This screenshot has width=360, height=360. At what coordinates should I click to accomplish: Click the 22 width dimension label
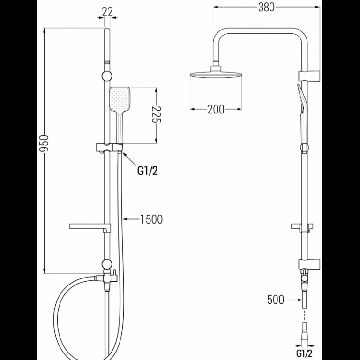click(107, 12)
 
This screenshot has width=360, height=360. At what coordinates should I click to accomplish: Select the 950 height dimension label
click(44, 143)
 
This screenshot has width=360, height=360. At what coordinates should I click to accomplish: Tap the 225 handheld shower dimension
click(157, 114)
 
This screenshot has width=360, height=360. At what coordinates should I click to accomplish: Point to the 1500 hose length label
click(151, 219)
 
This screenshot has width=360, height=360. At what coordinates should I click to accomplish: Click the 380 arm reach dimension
click(266, 7)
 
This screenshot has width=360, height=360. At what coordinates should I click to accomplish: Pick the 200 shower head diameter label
click(216, 109)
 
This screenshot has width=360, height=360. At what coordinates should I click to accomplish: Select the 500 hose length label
click(276, 300)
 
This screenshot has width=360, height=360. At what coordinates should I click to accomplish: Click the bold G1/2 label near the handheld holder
click(148, 171)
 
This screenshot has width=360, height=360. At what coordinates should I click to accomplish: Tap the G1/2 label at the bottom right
click(304, 353)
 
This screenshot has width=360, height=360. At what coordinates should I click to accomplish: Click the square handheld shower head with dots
click(120, 99)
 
